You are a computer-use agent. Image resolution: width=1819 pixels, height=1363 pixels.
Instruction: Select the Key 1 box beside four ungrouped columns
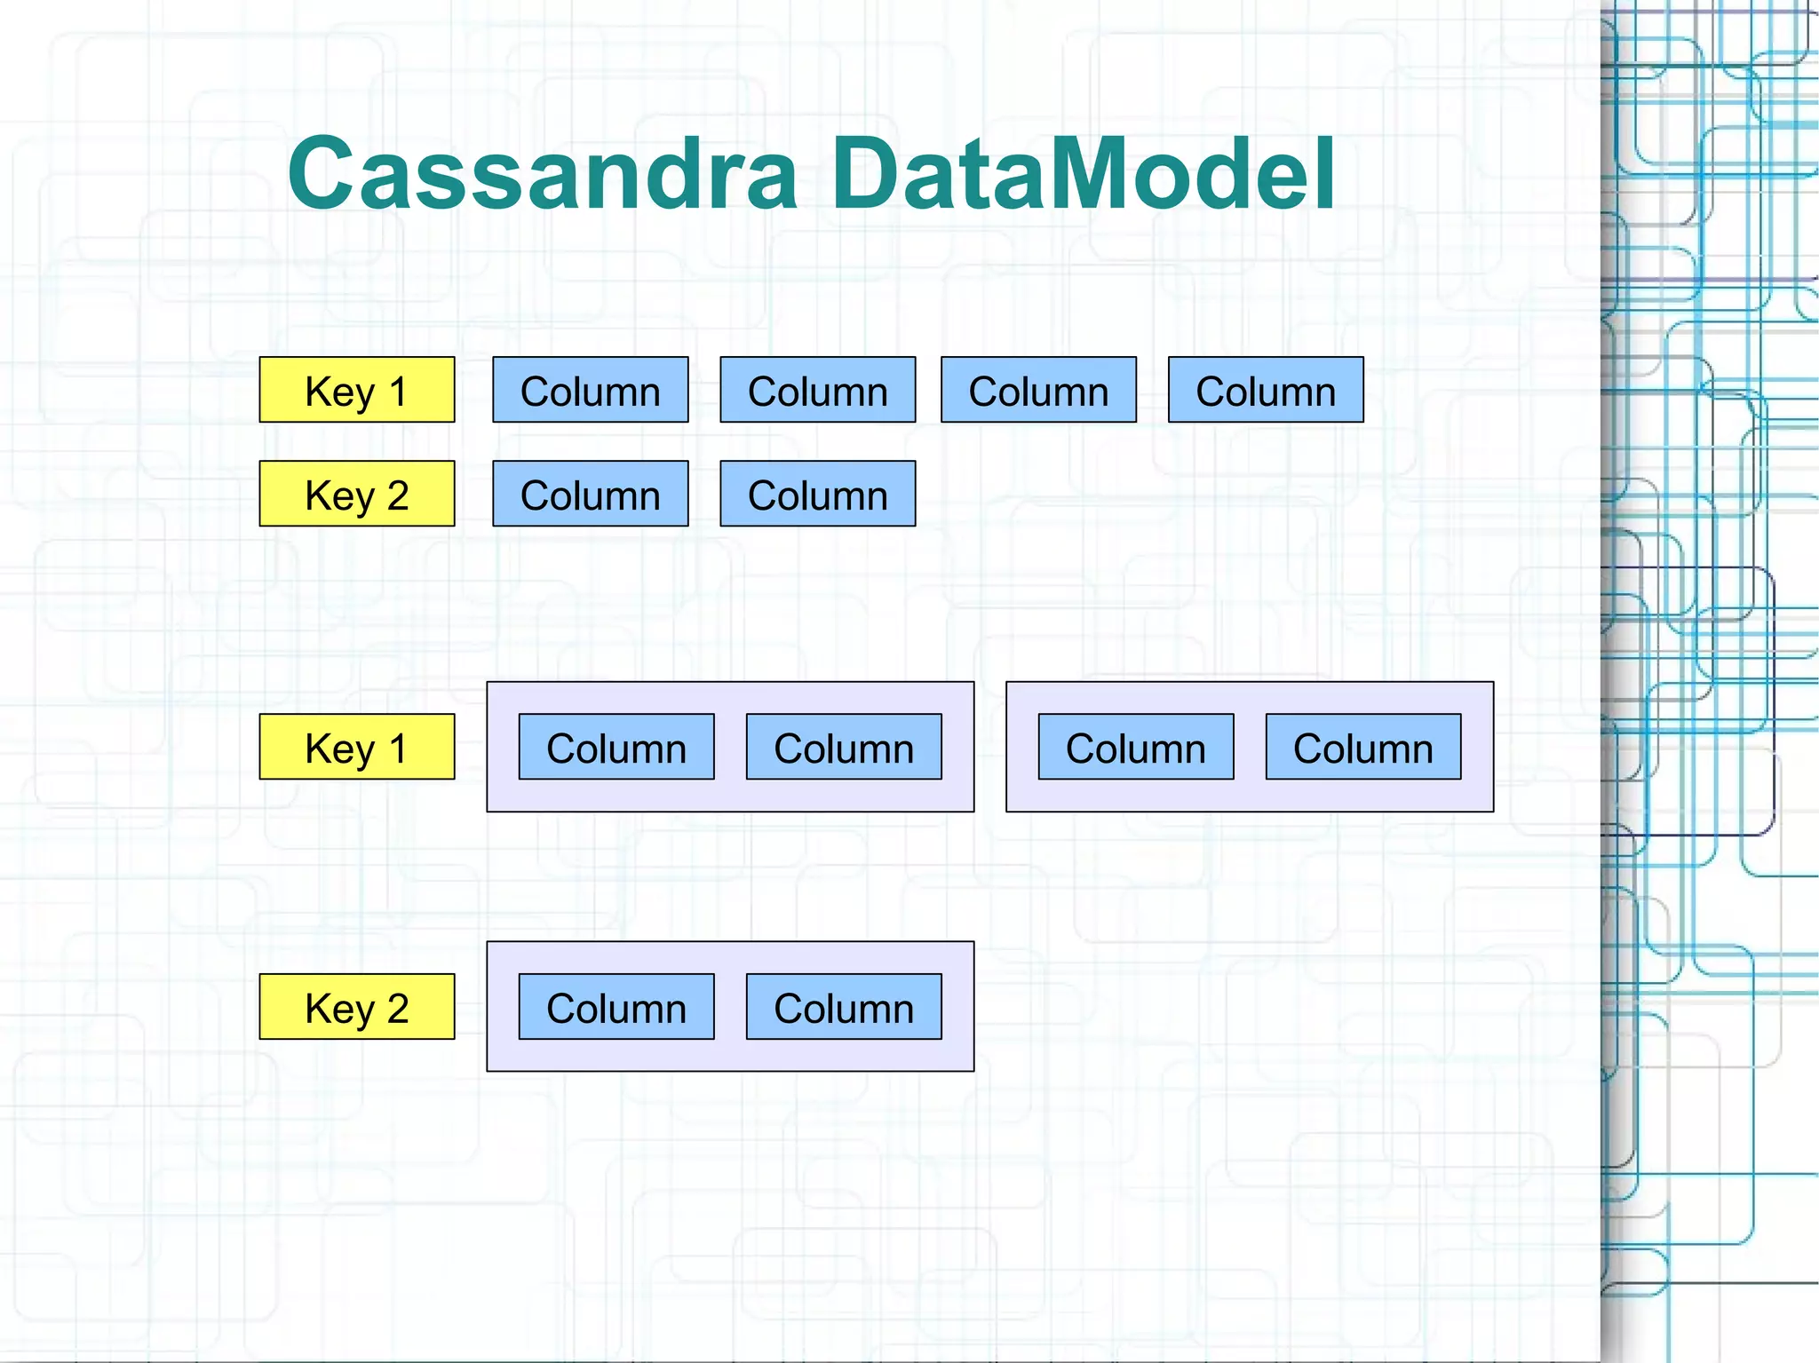pyautogui.click(x=357, y=390)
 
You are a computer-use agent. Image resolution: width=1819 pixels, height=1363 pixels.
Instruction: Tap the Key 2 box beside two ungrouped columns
pyautogui.click(x=357, y=494)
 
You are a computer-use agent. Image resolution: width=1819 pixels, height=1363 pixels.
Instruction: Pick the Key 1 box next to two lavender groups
pyautogui.click(x=357, y=747)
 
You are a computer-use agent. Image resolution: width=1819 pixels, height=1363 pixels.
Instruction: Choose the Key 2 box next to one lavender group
pyautogui.click(x=357, y=1007)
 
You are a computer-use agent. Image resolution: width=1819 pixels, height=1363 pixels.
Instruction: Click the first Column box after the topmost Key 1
pyautogui.click(x=591, y=390)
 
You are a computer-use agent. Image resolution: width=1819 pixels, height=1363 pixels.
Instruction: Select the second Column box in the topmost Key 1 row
pyautogui.click(x=818, y=390)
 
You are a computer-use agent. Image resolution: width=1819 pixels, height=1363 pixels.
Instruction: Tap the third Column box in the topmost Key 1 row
pyautogui.click(x=1038, y=390)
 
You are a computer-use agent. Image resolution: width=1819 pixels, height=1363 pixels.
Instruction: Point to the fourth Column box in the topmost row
pyautogui.click(x=1266, y=390)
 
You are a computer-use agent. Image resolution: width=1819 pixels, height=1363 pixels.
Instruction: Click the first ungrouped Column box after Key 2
pyautogui.click(x=591, y=494)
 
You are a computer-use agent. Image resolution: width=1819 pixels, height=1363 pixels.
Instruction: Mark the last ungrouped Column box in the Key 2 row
pyautogui.click(x=818, y=494)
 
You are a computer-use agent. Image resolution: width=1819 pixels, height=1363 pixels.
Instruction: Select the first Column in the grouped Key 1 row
pyautogui.click(x=616, y=747)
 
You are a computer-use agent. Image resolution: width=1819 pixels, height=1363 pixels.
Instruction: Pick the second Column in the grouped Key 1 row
pyautogui.click(x=844, y=747)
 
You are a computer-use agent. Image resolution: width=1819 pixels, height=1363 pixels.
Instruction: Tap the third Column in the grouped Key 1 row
pyautogui.click(x=1136, y=747)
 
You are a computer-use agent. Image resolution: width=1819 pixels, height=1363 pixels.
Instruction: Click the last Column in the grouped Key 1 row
pyautogui.click(x=1363, y=747)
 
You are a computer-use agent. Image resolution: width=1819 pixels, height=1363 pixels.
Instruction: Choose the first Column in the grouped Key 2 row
pyautogui.click(x=616, y=1007)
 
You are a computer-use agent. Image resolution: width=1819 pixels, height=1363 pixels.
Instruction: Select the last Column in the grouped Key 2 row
pyautogui.click(x=844, y=1007)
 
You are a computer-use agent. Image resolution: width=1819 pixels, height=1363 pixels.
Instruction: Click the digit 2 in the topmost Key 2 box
pyautogui.click(x=398, y=495)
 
